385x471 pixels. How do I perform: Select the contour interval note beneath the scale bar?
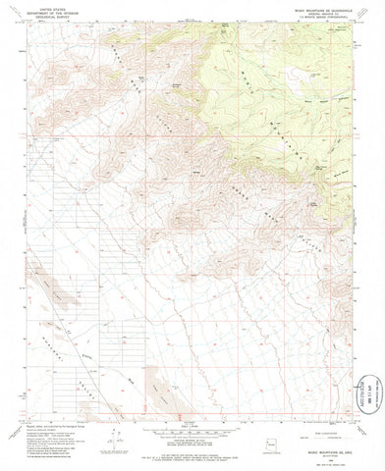click(x=192, y=437)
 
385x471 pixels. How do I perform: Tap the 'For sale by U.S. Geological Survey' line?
click(x=192, y=453)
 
